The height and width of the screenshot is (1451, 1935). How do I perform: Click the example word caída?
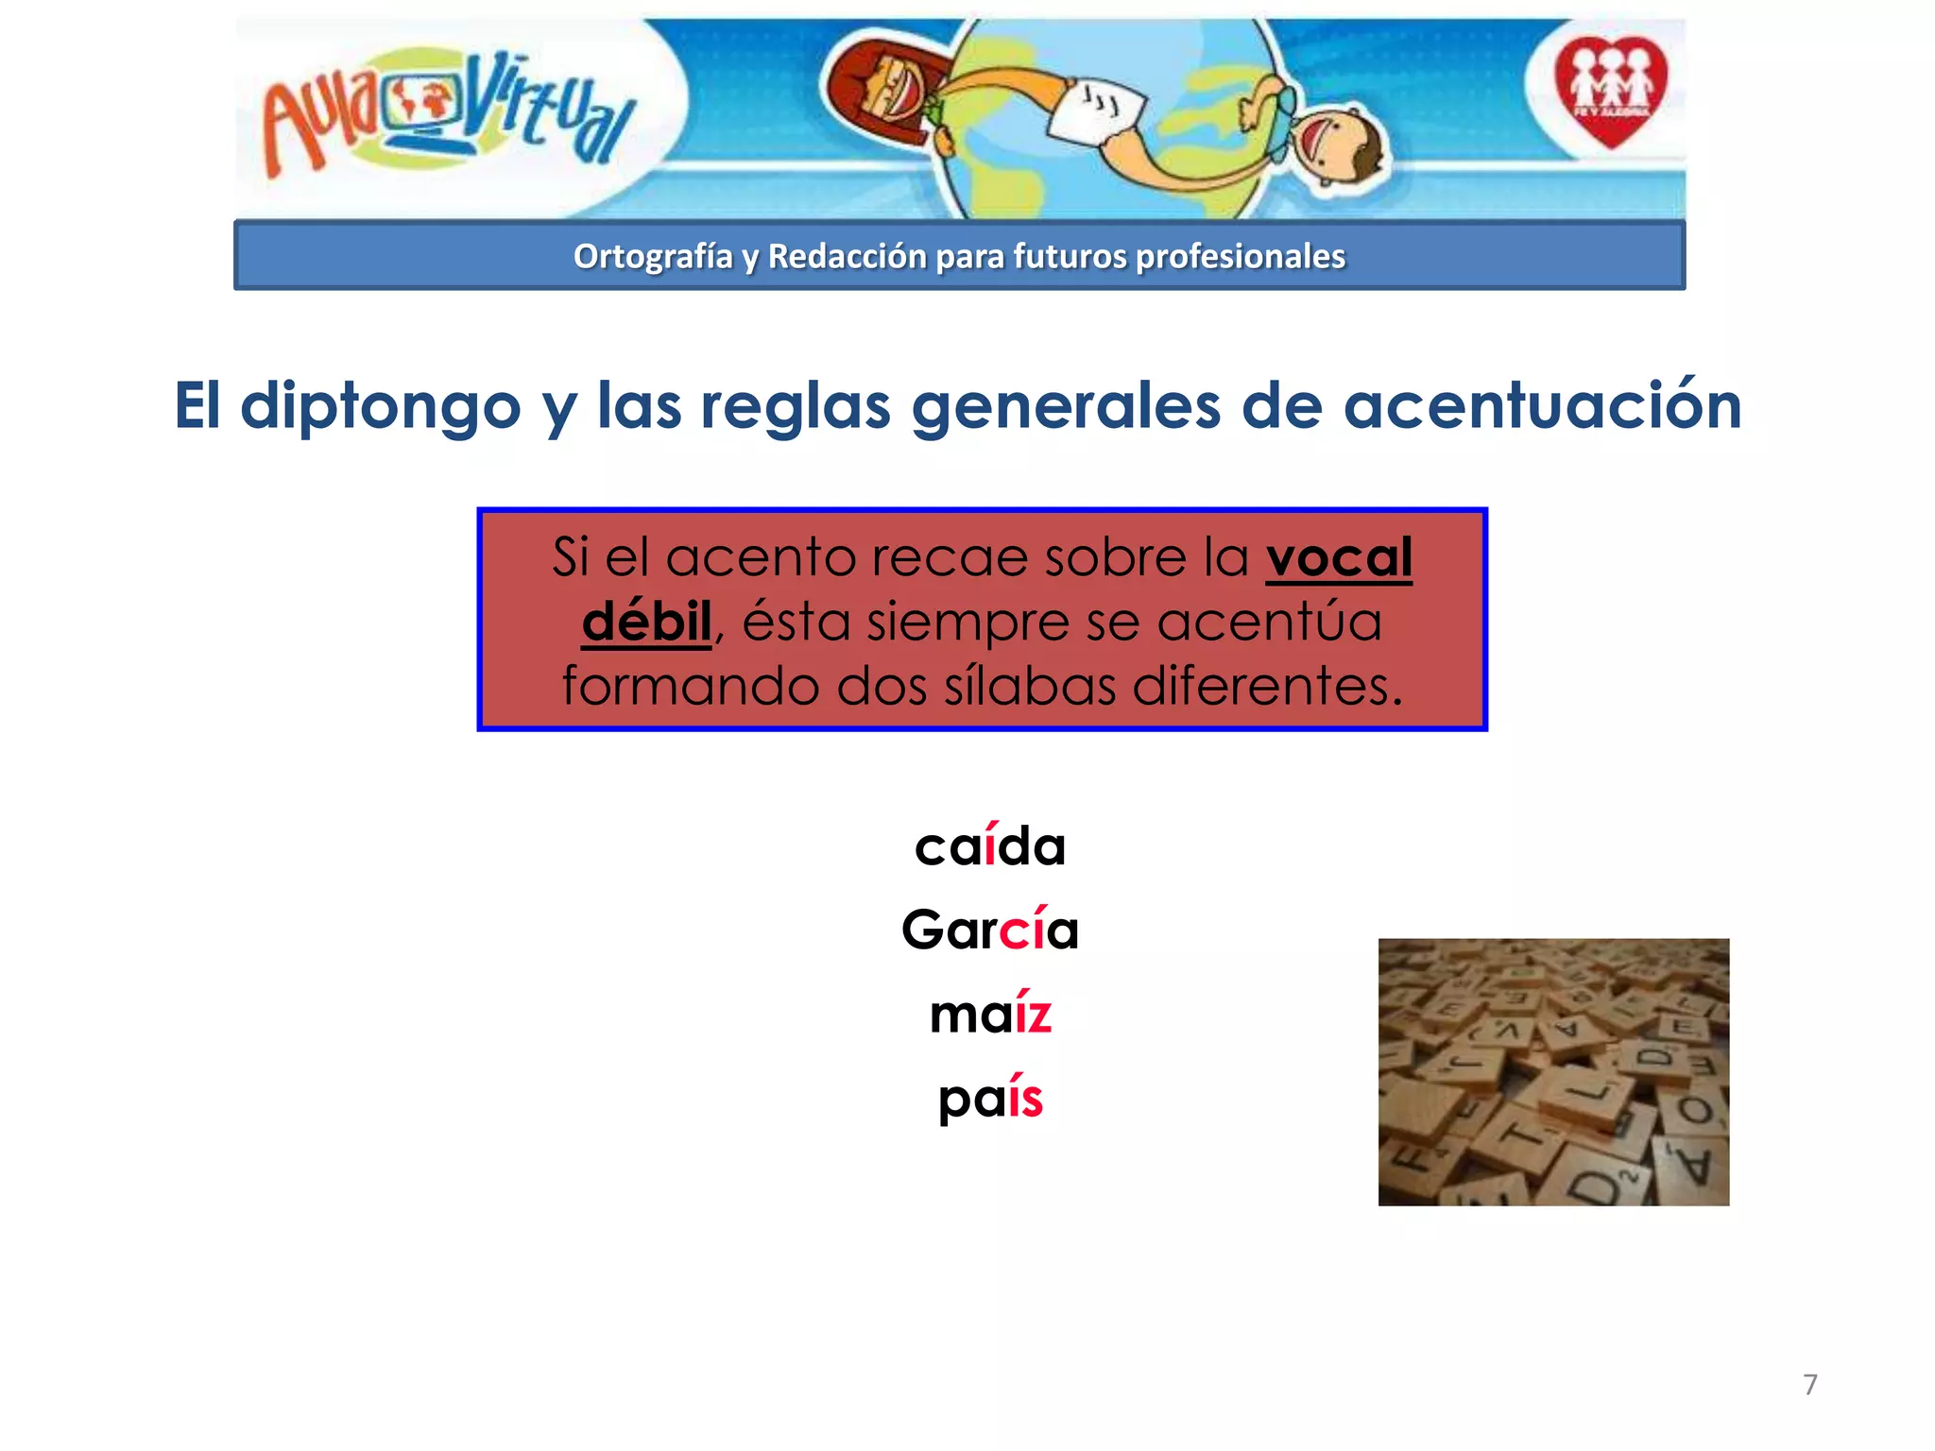(989, 845)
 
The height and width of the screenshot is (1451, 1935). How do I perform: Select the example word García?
(989, 930)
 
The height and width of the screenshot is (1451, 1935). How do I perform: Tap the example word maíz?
(989, 1014)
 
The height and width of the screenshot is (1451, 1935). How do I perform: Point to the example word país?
(989, 1099)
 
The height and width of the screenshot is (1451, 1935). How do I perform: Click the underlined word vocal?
(1338, 557)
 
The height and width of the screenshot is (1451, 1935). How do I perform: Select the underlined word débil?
(646, 622)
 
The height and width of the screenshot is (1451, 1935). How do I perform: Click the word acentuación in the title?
(1542, 406)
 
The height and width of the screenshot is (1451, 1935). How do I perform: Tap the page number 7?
(1809, 1385)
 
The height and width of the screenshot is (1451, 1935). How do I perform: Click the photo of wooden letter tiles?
(1552, 1071)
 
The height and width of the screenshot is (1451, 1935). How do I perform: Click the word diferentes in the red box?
(1267, 686)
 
